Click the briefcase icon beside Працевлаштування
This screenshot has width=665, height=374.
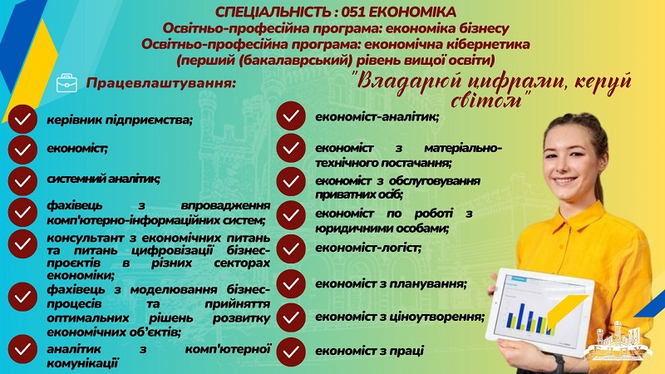[x=67, y=83]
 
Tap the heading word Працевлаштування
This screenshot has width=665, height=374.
[x=160, y=83]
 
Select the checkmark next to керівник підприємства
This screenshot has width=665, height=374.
[x=22, y=119]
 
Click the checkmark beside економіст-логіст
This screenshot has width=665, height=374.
[x=291, y=249]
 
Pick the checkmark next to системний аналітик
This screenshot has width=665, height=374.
[x=22, y=181]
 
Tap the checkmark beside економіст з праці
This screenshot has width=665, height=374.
[x=291, y=352]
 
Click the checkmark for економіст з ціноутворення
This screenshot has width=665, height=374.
[x=291, y=317]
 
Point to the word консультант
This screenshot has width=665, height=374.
[x=86, y=238]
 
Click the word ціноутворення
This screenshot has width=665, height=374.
[x=441, y=317]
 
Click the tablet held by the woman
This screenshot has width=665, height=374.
[x=539, y=311]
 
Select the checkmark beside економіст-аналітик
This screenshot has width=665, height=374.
[x=291, y=116]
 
